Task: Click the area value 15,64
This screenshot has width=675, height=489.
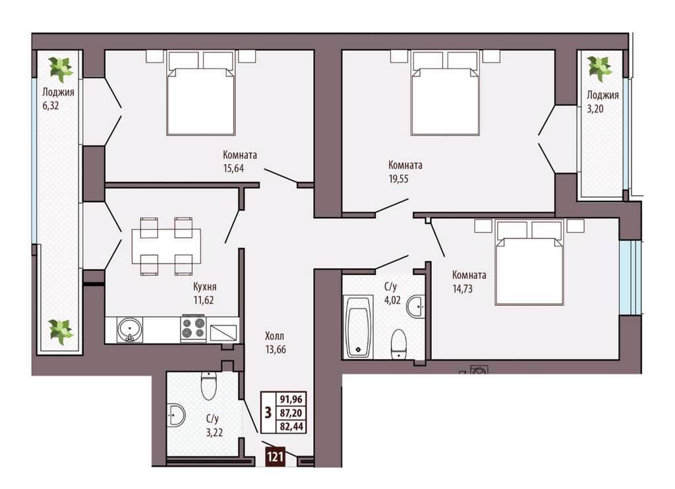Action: coord(233,168)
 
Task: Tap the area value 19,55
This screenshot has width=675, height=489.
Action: coord(399,179)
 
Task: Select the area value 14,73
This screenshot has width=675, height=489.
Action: coord(462,289)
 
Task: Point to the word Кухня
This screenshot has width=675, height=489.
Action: coord(204,286)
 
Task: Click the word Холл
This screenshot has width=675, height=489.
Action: coord(275,335)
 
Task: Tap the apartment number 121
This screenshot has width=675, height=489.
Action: coord(275,456)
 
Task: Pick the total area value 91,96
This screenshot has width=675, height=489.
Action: coord(291,399)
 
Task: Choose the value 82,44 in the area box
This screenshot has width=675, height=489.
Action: coord(291,426)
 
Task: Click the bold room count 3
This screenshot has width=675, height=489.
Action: coord(268,413)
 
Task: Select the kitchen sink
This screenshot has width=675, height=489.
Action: coord(130,330)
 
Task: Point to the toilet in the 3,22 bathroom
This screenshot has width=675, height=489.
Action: coord(209,385)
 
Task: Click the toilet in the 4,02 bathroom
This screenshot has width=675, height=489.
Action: coord(399,343)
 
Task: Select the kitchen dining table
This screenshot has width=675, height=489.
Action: coord(166,246)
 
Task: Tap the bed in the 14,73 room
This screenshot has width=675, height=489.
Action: coord(529,262)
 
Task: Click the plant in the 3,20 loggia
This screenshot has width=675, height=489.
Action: coord(600,69)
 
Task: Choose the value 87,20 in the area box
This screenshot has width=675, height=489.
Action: coord(291,413)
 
